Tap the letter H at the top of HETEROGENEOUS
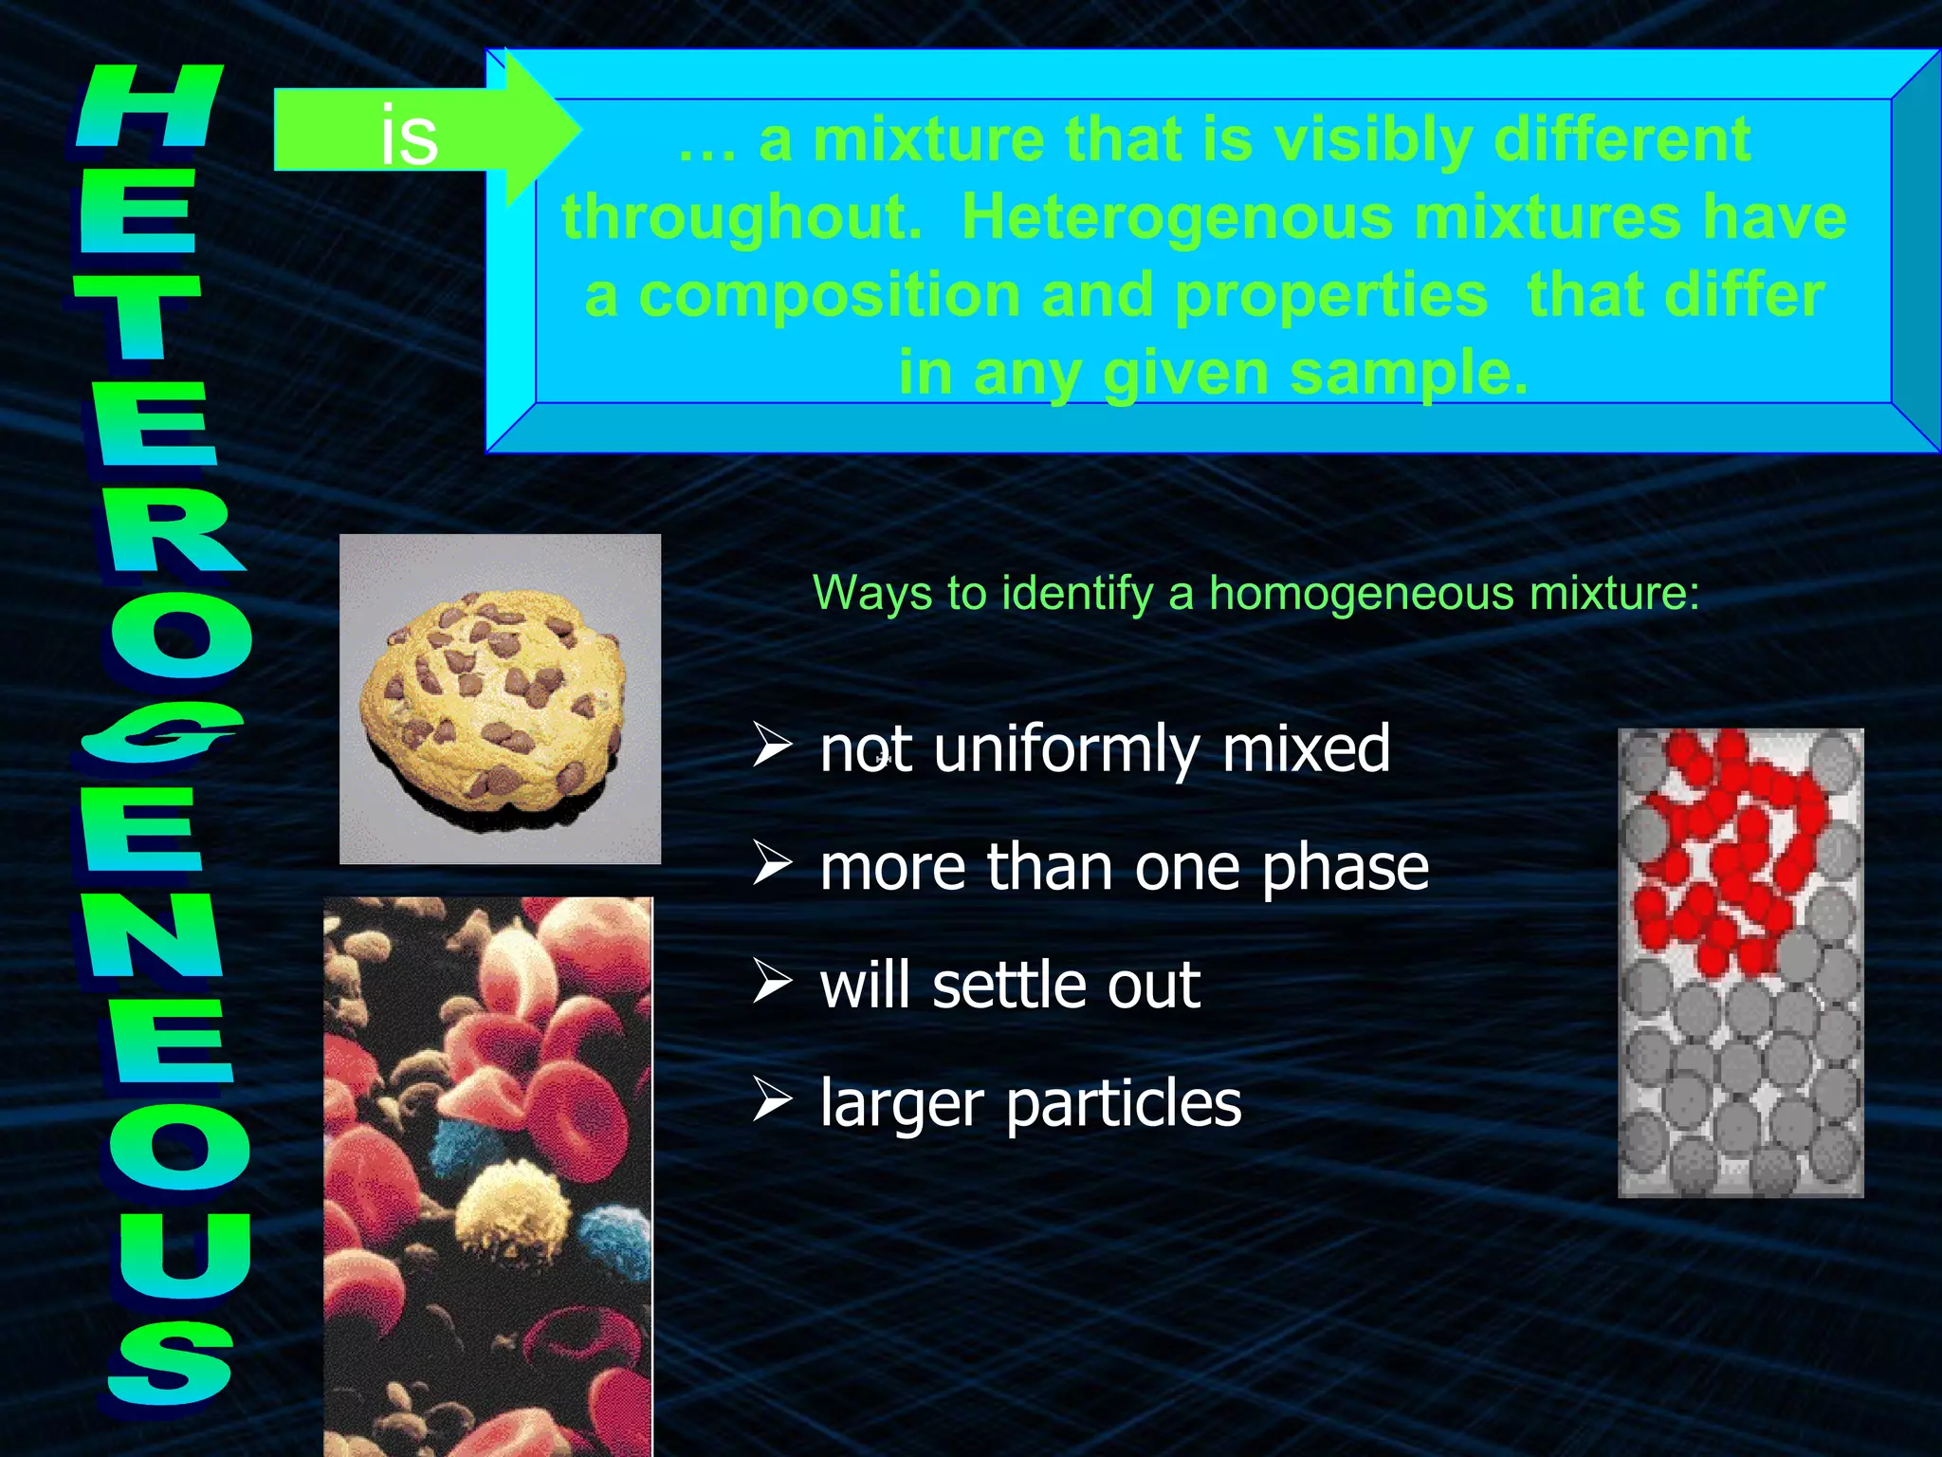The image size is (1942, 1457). coord(150,106)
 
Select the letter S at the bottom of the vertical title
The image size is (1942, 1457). coord(171,1362)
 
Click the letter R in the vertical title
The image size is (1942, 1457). coord(171,531)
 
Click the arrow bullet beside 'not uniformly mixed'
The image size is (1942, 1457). coord(772,745)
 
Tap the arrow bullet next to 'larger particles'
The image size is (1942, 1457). coord(772,1100)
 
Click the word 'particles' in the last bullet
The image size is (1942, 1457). coord(1123,1103)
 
